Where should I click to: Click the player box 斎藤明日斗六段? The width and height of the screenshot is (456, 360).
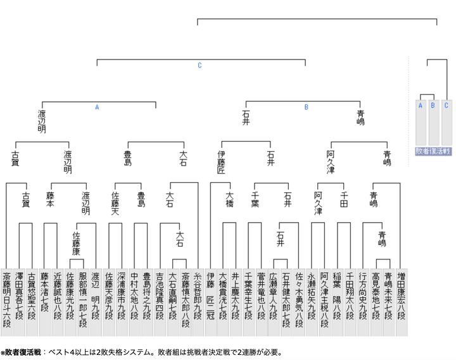[6, 302]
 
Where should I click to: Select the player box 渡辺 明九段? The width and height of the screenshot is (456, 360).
[96, 302]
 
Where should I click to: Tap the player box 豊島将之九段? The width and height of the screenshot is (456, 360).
[146, 302]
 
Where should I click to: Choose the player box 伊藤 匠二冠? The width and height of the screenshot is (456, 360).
[210, 302]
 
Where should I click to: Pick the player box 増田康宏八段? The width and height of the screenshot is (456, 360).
[402, 302]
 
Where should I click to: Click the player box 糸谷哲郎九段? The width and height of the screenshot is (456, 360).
[198, 302]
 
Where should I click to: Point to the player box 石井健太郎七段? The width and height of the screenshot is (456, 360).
[286, 302]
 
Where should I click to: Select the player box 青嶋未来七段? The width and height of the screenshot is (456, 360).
[388, 302]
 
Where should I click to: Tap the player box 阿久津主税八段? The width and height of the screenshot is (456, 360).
[324, 302]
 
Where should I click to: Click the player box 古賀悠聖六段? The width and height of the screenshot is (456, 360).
[32, 302]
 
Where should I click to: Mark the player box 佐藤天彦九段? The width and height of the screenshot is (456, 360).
[108, 302]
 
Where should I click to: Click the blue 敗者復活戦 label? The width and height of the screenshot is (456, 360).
[433, 151]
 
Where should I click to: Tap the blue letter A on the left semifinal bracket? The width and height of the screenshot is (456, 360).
[97, 107]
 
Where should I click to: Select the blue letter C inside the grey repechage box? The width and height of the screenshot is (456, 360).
[446, 105]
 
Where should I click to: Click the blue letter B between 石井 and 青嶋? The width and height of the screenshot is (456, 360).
[307, 107]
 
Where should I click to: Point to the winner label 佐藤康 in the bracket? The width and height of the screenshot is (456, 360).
[76, 244]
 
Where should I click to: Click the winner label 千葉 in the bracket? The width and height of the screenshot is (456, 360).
[255, 199]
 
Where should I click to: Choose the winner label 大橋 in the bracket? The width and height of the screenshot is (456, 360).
[229, 199]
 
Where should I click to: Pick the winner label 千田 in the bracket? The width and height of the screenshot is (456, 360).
[344, 199]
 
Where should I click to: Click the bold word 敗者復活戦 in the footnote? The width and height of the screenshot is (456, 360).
[23, 352]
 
